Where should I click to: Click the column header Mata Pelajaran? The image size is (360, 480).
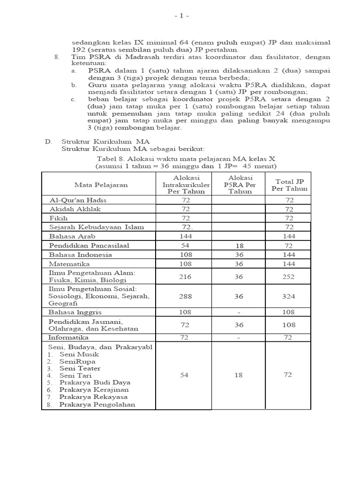click(101, 185)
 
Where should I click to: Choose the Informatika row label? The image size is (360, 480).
click(68, 337)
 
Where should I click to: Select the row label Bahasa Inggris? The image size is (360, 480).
click(75, 312)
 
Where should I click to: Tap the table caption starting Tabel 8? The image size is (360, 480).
click(186, 159)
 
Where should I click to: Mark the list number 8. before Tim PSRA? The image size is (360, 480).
click(57, 57)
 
